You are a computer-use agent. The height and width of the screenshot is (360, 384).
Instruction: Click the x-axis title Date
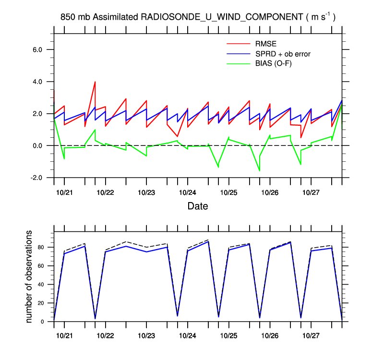point(198,207)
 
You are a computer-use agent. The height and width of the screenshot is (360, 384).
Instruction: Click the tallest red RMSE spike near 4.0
point(95,82)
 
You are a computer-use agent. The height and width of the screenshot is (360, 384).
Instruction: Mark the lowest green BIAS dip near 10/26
point(260,170)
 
